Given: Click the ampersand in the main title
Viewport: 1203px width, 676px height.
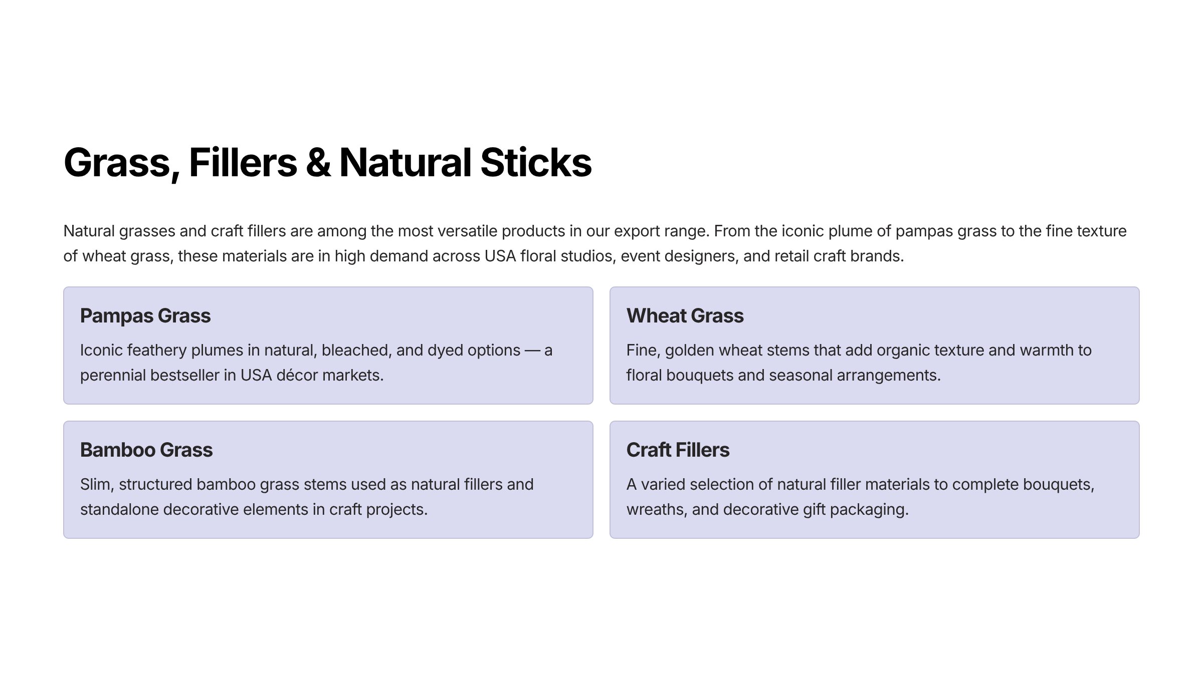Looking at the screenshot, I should point(318,163).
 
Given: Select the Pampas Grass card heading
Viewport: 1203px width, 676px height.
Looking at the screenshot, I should point(145,316).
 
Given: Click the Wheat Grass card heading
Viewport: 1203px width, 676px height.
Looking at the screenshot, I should point(685,316).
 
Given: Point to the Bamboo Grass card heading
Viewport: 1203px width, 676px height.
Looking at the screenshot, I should point(146,450).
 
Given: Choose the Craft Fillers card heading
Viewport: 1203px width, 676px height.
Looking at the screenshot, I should point(678,450).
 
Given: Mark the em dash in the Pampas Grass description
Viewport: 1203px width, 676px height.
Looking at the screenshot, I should point(532,351).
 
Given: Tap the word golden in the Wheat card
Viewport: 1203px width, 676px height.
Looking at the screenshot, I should point(690,351).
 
